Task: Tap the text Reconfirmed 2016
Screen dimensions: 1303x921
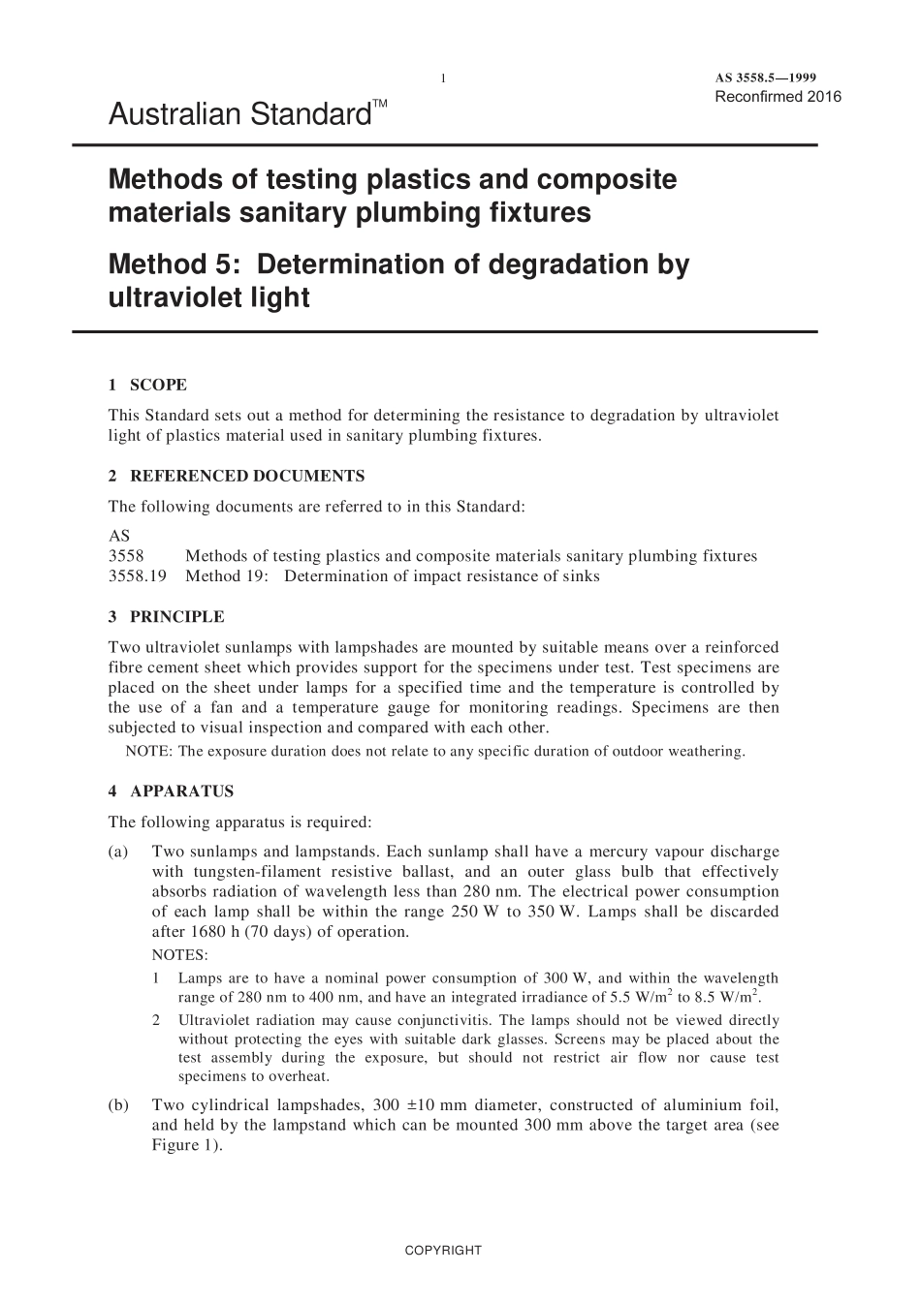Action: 778,96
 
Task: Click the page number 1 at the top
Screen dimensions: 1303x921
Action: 443,78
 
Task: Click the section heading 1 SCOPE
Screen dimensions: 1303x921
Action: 147,385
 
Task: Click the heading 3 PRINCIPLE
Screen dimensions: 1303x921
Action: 166,617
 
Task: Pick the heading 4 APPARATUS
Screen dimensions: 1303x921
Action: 171,791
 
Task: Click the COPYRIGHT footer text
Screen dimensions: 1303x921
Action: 443,1250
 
